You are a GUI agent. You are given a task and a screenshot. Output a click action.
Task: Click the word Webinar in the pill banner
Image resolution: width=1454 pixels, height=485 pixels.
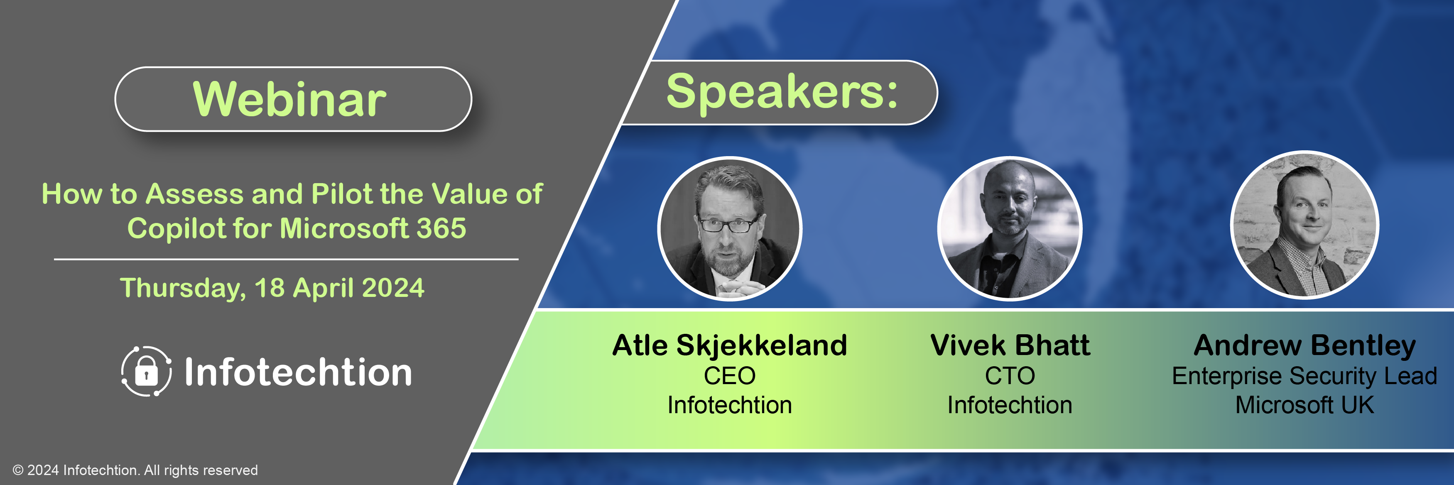coord(289,99)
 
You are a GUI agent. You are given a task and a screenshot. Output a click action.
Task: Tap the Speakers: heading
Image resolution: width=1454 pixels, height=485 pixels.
coord(782,93)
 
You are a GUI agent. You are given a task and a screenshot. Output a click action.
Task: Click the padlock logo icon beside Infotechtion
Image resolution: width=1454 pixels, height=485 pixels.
coord(146,371)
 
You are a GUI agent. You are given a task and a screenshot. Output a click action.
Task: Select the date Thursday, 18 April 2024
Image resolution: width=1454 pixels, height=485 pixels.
coord(272,288)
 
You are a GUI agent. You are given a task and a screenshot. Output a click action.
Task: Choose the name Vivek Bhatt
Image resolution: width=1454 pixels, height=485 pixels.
coord(1010,345)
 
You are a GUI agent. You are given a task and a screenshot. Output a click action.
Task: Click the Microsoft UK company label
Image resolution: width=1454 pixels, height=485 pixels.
coord(1304,405)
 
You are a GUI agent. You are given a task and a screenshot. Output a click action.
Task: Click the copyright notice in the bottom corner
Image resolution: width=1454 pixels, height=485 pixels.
coord(135,470)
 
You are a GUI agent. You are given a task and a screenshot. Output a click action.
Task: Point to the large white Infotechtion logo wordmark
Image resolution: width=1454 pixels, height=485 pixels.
coord(298,372)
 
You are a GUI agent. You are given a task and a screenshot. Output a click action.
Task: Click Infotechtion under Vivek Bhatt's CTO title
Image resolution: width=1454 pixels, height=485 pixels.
coord(1010,405)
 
